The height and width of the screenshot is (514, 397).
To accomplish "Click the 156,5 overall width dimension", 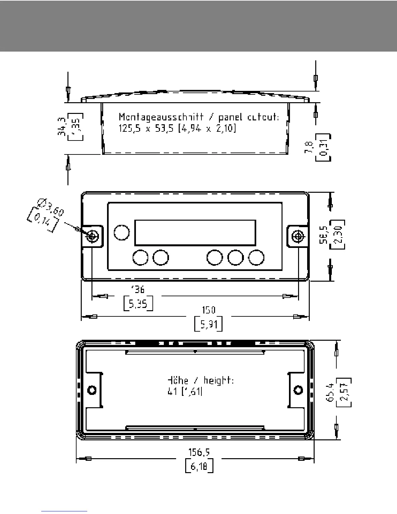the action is pos(199,452).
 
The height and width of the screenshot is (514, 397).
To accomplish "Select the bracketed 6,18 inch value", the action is pos(199,467).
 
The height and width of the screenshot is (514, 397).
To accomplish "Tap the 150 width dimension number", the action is pos(208,310).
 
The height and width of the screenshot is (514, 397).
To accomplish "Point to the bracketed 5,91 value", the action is pos(208,324).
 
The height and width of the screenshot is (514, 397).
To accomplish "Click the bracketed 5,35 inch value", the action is pos(138,303).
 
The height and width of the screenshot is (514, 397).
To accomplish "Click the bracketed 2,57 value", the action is pos(344,393).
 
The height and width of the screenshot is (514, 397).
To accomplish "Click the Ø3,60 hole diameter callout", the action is pos(51,208).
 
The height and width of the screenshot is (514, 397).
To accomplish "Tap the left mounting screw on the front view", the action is pos(92,236).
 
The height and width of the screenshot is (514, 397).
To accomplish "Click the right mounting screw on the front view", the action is pos(297,236).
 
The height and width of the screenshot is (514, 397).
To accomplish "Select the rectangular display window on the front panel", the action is pos(195,233).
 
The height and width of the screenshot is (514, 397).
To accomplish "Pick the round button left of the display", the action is pos(122,232).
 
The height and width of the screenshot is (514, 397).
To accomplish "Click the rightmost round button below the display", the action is pos(256,258).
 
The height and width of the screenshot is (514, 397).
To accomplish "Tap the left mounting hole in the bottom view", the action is pos(92,389).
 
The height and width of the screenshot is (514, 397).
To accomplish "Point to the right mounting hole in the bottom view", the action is pos(298,389).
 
